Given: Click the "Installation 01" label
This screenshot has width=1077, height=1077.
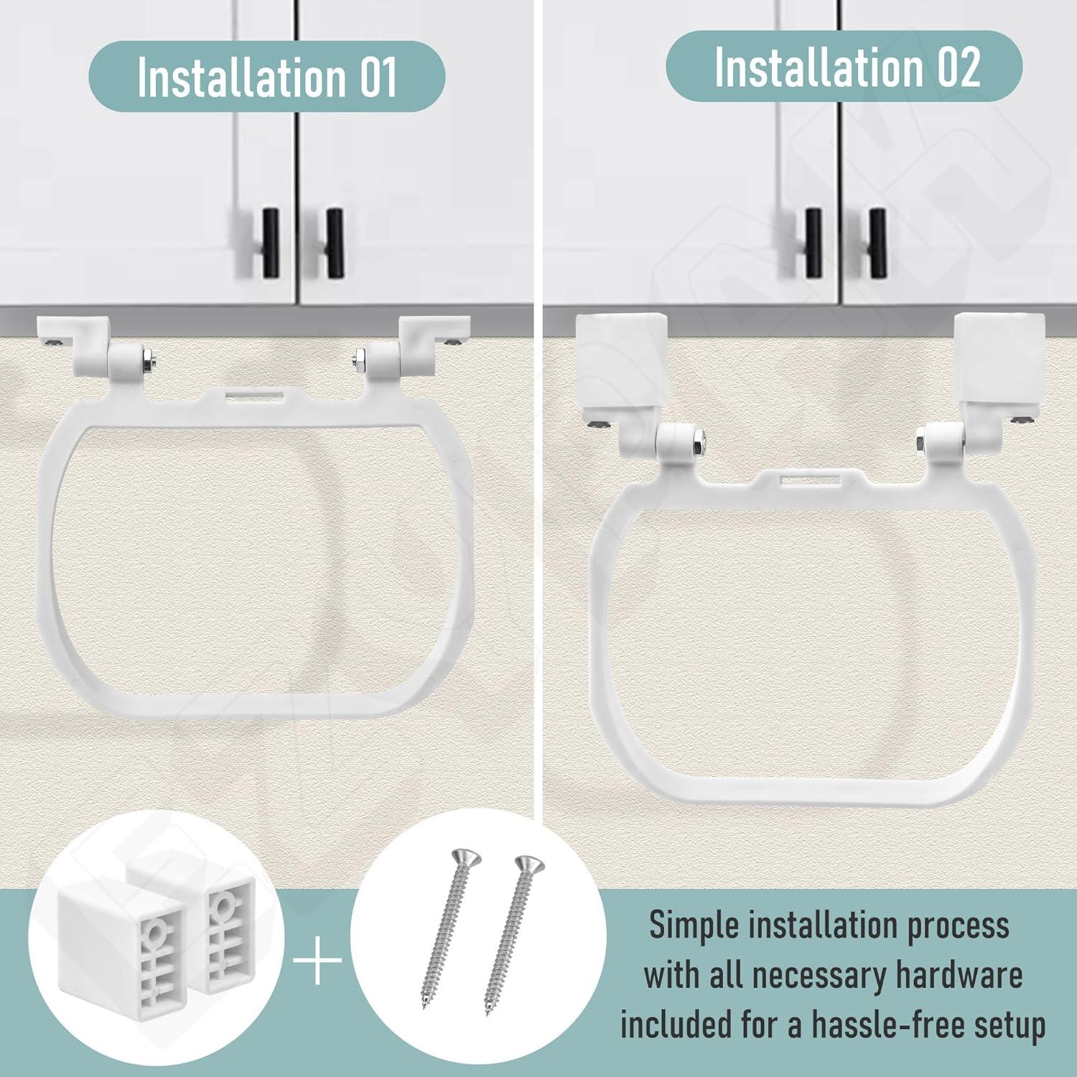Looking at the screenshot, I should (x=266, y=77).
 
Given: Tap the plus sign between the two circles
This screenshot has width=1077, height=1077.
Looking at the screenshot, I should (x=318, y=967).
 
